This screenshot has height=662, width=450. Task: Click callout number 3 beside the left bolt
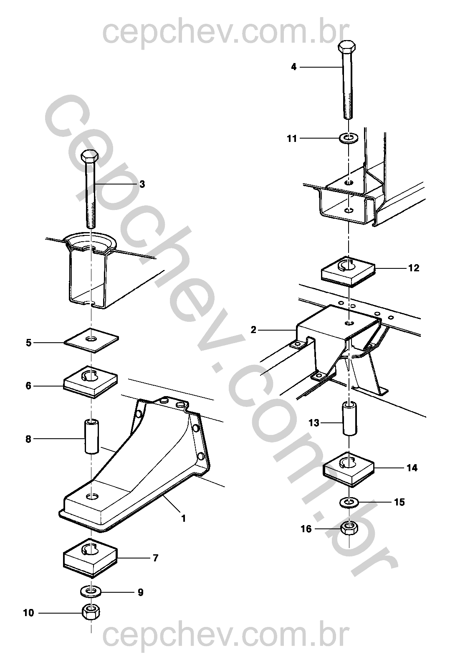click(x=142, y=184)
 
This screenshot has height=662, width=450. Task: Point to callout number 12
click(x=413, y=268)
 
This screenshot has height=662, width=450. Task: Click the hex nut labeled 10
click(x=91, y=612)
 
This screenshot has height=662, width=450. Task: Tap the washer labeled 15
click(x=349, y=502)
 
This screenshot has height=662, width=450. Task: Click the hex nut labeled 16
click(x=349, y=528)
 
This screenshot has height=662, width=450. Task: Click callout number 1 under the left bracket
click(x=183, y=519)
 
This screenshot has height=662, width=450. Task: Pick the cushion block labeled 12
click(x=348, y=271)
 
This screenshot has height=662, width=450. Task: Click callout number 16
click(x=306, y=529)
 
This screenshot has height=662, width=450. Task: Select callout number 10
click(x=28, y=613)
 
